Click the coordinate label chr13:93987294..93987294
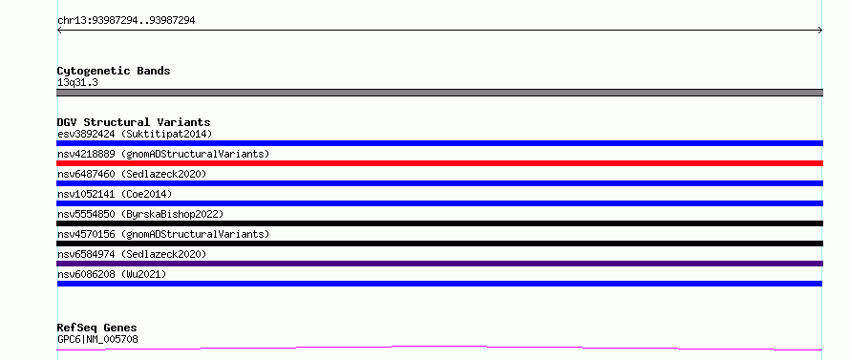pos(126,21)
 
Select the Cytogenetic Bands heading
pos(114,71)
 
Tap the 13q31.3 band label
pos(77,83)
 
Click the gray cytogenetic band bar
pos(439,93)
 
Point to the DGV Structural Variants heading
pos(134,122)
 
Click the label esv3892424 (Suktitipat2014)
pos(135,134)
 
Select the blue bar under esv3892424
pos(439,143)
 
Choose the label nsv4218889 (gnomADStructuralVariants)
pos(163,154)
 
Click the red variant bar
pos(439,163)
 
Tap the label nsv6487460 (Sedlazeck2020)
pos(132,174)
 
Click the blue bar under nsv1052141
pos(439,203)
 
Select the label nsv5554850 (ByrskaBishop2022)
pos(140,214)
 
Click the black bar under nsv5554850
pos(439,223)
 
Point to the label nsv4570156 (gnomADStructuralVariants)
pos(163,234)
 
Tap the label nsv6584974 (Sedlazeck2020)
pos(132,254)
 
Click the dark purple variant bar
pos(439,264)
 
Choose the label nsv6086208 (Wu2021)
pos(112,274)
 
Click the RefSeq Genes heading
pos(97,328)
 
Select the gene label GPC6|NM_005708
pos(97,340)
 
